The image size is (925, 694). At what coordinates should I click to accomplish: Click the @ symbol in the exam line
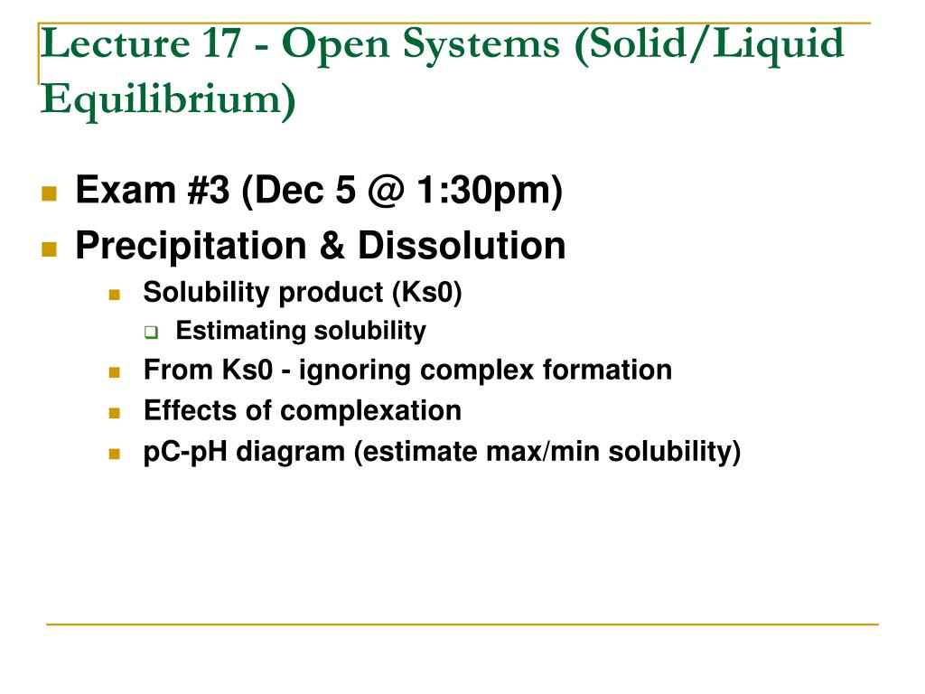tap(386, 191)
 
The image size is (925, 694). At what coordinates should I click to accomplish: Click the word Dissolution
tap(462, 245)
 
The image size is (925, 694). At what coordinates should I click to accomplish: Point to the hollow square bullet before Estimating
tap(151, 332)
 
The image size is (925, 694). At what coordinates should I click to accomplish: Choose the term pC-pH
tap(186, 451)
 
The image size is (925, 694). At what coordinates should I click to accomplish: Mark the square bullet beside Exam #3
tap(49, 192)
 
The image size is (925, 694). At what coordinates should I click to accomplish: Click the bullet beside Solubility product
tap(114, 295)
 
